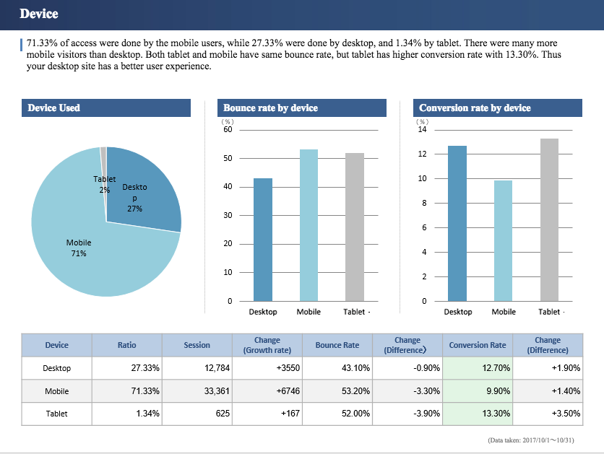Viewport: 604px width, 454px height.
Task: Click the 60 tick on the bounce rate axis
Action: click(228, 130)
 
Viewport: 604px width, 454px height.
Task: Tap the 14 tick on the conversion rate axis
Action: click(423, 130)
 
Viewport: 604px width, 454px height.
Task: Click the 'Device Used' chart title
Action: click(54, 108)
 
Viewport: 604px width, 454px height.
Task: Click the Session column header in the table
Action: click(197, 345)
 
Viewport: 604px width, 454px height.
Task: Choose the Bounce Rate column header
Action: click(337, 345)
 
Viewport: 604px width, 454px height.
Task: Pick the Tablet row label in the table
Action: click(57, 414)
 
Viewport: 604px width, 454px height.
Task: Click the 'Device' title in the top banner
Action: click(39, 14)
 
